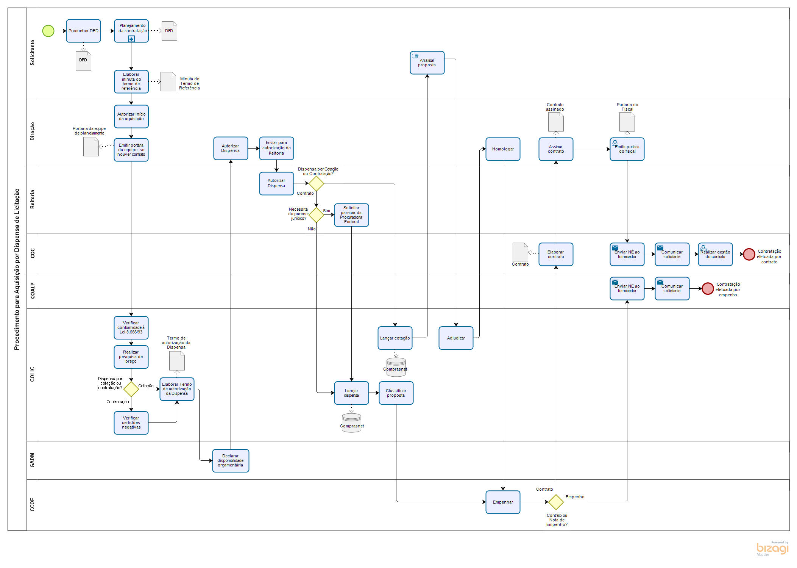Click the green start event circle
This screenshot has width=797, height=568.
(x=48, y=31)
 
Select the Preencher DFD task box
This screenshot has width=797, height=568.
(x=83, y=31)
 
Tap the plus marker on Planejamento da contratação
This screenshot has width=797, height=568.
(x=131, y=39)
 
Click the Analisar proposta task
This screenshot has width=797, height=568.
(x=427, y=63)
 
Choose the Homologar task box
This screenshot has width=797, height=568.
(x=502, y=149)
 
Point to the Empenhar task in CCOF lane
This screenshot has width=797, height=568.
(x=502, y=502)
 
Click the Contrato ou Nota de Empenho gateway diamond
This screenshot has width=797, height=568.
(x=556, y=502)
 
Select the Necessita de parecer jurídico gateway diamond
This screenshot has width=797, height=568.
(x=316, y=215)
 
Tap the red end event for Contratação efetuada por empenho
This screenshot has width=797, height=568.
(x=707, y=289)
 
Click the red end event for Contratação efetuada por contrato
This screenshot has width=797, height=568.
(x=749, y=254)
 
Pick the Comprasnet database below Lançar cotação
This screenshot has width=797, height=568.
(x=396, y=367)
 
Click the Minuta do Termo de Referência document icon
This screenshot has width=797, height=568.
(x=168, y=81)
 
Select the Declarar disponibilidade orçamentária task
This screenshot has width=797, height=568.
(x=231, y=460)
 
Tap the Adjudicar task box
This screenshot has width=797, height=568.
(x=456, y=338)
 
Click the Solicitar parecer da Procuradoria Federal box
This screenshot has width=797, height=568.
(x=351, y=215)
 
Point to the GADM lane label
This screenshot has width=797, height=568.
(x=32, y=460)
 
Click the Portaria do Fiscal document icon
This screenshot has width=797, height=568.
(x=627, y=122)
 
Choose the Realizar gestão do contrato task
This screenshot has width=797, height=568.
(x=715, y=254)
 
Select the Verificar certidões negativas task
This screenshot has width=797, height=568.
(x=131, y=422)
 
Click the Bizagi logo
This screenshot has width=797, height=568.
(x=772, y=549)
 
